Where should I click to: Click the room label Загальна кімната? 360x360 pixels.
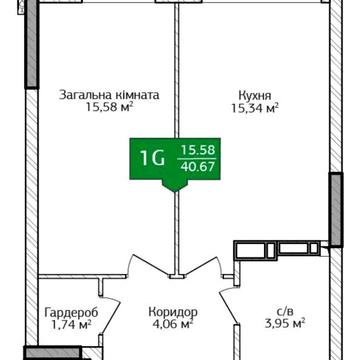click(109, 95)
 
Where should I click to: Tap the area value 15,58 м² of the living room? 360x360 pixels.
click(110, 108)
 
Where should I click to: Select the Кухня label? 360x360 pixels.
click(255, 96)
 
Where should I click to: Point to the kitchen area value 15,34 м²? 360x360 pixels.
click(255, 108)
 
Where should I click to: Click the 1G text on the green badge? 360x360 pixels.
click(153, 159)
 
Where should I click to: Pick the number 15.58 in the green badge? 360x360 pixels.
click(198, 150)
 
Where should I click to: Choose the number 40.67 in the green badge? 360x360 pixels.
click(198, 166)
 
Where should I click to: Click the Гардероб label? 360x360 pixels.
click(71, 313)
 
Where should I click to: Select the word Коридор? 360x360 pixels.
click(173, 312)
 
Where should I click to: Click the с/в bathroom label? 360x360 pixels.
click(285, 312)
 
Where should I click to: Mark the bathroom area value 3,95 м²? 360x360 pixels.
click(284, 324)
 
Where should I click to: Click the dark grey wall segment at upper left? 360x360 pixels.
click(32, 44)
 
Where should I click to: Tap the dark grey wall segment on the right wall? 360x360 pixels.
click(336, 210)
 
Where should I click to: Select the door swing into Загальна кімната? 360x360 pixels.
click(149, 266)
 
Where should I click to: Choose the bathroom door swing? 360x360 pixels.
click(228, 305)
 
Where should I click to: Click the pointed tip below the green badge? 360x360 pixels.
click(175, 192)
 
